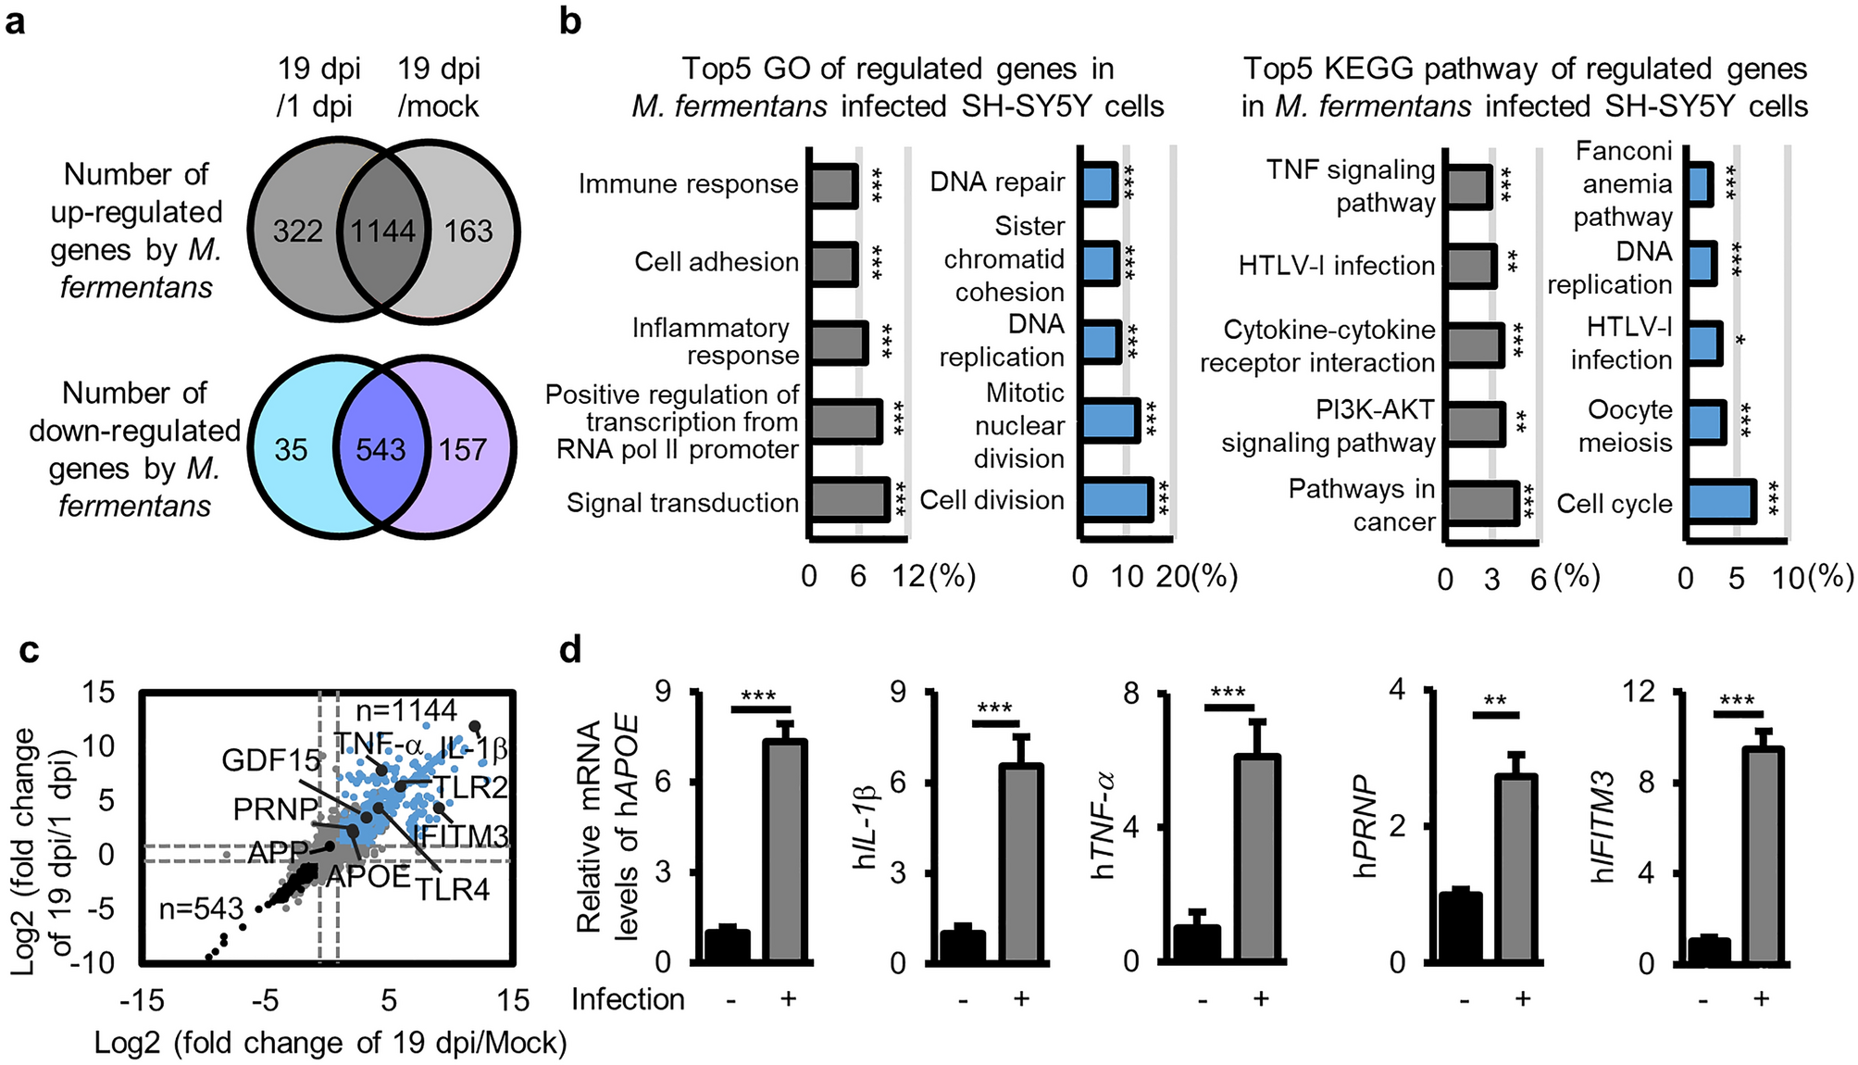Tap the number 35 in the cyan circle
click(x=291, y=450)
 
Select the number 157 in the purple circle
click(x=462, y=450)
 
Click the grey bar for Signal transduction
click(x=848, y=500)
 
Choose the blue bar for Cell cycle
click(x=1720, y=502)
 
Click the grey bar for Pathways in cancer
click(x=1481, y=504)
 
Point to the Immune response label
click(x=688, y=184)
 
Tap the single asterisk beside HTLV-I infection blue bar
click(x=1740, y=342)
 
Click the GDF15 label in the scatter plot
click(x=270, y=761)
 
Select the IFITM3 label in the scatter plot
click(x=460, y=836)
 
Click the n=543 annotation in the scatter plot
click(x=201, y=909)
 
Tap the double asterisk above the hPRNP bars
click(x=1494, y=701)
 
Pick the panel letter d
click(x=570, y=650)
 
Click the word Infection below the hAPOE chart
click(x=628, y=999)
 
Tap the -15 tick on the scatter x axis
click(x=141, y=1000)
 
